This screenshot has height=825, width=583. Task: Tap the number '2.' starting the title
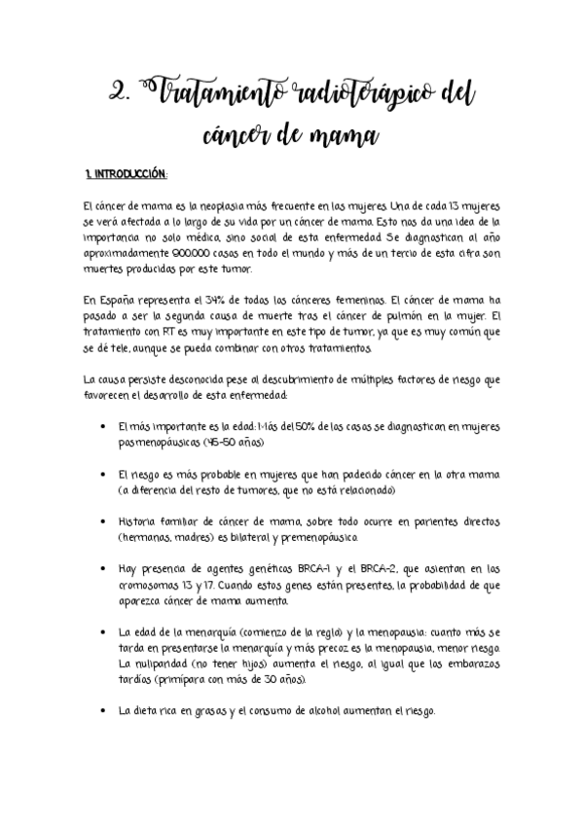(x=125, y=95)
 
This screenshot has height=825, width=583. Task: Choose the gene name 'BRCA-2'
(x=383, y=569)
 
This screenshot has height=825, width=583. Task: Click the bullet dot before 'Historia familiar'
(x=104, y=522)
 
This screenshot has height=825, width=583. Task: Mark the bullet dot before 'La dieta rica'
(x=104, y=711)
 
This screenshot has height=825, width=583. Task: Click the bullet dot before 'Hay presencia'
(x=104, y=569)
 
